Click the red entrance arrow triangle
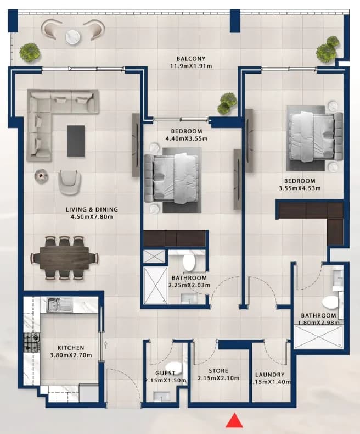coord(234,421)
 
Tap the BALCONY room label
coord(191,59)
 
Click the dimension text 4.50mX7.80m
coord(92,216)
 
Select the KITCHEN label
coord(71,348)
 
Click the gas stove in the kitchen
coord(32,342)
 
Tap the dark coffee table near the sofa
coord(76,141)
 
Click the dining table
coord(64,258)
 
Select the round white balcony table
coord(74,37)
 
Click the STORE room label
coord(218,371)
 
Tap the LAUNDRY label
coord(270,375)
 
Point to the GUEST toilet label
coord(165,373)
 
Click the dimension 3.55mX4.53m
coord(300,188)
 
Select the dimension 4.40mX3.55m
coord(187,138)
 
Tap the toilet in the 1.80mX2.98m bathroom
coord(330,302)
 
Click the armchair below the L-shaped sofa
coord(70,182)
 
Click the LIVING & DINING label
coord(92,209)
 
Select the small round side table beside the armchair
coord(41,176)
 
